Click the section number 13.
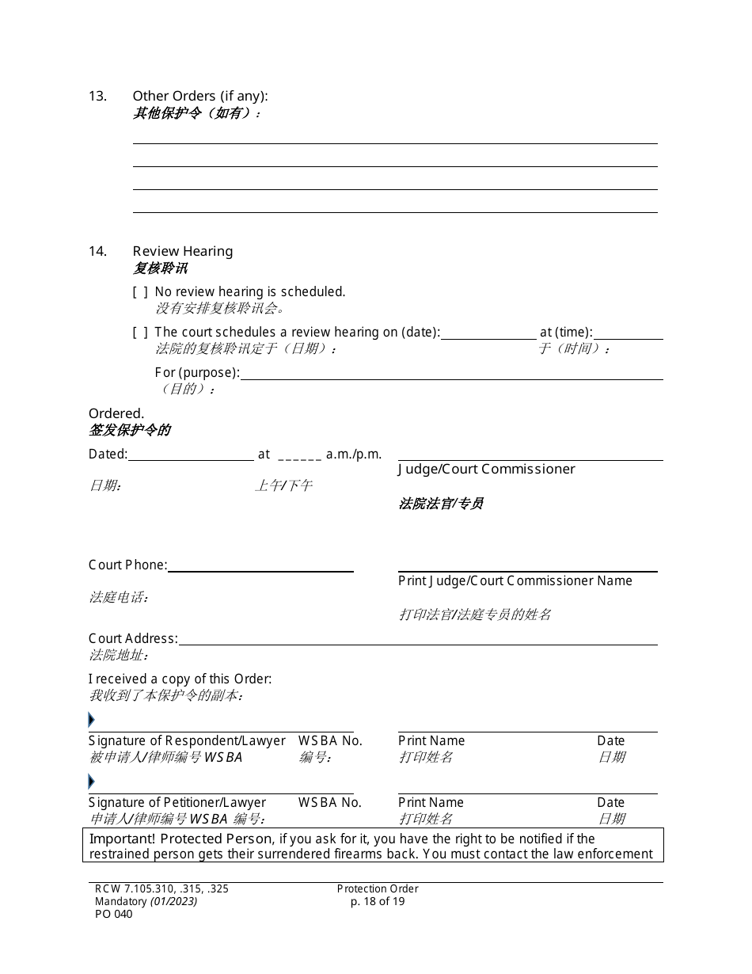click(x=97, y=97)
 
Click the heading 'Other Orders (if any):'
click(x=200, y=97)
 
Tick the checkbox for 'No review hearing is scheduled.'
click(x=140, y=292)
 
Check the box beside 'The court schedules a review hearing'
click(x=140, y=333)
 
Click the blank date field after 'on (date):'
click(x=488, y=333)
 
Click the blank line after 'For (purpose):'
click(x=451, y=373)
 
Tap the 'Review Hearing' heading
click(x=183, y=251)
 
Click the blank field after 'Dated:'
click(x=191, y=455)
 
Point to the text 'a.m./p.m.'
click(x=354, y=455)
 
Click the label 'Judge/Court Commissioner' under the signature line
click(x=486, y=470)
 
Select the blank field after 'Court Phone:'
click(x=260, y=565)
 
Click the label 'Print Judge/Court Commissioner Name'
click(x=515, y=581)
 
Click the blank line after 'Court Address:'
click(x=417, y=639)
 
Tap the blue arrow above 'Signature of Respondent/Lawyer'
click(x=92, y=720)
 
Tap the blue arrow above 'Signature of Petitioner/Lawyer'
click(x=92, y=782)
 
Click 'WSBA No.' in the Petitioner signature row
click(x=329, y=803)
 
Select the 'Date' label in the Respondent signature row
click(x=610, y=741)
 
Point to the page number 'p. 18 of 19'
click(x=378, y=901)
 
